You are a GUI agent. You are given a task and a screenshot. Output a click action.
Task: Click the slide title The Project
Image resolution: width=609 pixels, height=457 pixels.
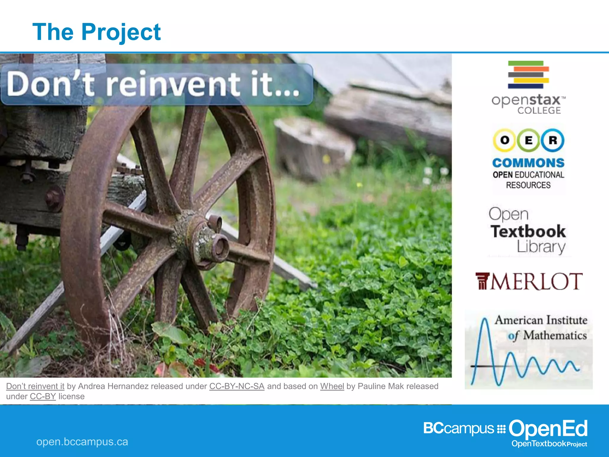point(97,32)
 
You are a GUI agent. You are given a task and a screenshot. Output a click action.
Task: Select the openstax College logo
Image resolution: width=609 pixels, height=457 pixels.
point(528,88)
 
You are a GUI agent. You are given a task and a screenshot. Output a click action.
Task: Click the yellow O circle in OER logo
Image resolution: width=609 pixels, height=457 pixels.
point(505,140)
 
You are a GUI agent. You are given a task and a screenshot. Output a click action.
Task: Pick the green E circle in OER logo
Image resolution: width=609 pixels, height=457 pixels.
point(528,140)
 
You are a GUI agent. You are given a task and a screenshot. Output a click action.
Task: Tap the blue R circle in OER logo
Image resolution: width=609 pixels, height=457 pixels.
point(553,140)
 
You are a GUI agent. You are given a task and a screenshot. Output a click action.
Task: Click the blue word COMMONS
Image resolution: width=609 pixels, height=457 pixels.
point(528,163)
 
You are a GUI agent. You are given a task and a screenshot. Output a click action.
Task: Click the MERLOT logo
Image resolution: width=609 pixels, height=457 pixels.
point(528,281)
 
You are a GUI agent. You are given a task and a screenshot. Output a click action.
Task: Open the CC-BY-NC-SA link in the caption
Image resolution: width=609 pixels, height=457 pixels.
point(237,386)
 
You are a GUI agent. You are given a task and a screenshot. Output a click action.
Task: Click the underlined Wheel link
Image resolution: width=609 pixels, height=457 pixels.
point(332,386)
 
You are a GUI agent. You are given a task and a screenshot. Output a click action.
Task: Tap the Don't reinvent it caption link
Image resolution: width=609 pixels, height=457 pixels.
point(35,386)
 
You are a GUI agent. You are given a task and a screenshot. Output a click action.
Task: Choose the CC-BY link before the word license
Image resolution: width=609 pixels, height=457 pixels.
point(43,397)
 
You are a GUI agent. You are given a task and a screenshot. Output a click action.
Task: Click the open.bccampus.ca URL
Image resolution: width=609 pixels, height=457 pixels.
point(82,442)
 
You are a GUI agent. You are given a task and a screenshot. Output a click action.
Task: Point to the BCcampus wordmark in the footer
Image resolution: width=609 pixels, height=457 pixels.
point(458,428)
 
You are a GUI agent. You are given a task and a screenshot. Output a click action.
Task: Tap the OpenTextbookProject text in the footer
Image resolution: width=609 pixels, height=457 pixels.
point(549,444)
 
